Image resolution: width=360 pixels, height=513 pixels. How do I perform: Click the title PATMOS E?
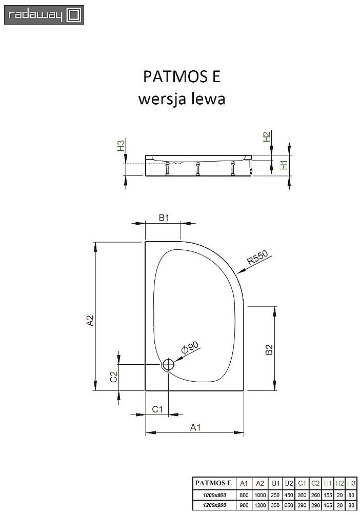point(181,76)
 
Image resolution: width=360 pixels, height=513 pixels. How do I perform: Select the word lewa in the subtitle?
point(208,98)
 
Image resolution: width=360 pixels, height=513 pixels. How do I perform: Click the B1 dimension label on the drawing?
point(164,219)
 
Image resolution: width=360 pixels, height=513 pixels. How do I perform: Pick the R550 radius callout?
point(258,261)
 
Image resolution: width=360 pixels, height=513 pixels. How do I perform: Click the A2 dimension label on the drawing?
point(90,321)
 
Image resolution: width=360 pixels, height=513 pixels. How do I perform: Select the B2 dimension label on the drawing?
point(269,350)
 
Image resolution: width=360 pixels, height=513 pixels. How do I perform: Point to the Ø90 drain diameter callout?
point(190,349)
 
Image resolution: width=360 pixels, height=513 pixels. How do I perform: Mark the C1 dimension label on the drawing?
point(157,409)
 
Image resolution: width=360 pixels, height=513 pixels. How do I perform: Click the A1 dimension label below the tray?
point(195,427)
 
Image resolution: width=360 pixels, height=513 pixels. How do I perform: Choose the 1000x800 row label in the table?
point(214,494)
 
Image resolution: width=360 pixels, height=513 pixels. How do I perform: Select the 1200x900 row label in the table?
point(214,504)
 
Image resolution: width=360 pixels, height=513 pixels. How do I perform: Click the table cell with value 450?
point(289,494)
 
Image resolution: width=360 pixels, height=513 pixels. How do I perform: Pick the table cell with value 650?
point(289,504)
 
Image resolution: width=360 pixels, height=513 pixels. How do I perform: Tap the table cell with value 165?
point(328,504)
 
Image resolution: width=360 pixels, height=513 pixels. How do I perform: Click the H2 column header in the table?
point(339,483)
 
